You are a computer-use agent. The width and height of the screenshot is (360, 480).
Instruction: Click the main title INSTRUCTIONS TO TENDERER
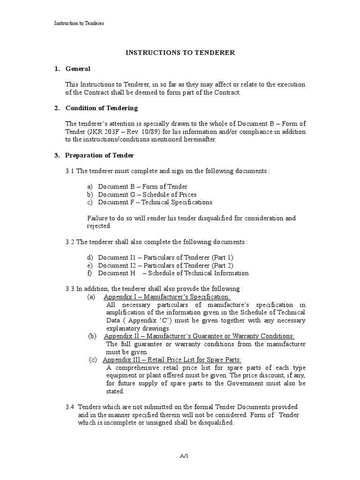click(x=180, y=52)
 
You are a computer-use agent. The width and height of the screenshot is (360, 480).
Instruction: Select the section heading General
click(x=78, y=69)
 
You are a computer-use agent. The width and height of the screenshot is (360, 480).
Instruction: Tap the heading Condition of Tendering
click(x=101, y=108)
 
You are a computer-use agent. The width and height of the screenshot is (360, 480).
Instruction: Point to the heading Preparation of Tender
click(x=99, y=155)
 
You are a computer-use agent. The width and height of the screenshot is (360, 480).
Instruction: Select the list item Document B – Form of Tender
click(x=142, y=187)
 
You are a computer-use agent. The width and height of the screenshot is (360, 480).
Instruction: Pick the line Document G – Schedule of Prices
click(x=147, y=195)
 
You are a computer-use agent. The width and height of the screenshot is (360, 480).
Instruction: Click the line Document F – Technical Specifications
click(x=155, y=202)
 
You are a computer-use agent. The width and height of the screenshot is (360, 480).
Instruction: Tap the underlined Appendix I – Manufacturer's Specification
click(x=167, y=297)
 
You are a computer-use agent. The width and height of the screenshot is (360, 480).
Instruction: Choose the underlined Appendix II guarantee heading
click(x=199, y=336)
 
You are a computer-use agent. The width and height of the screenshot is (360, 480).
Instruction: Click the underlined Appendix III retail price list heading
click(x=172, y=360)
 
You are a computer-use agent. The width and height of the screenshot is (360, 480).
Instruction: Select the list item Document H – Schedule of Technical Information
click(x=173, y=273)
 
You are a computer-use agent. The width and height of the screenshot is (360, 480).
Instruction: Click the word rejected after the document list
click(x=99, y=226)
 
